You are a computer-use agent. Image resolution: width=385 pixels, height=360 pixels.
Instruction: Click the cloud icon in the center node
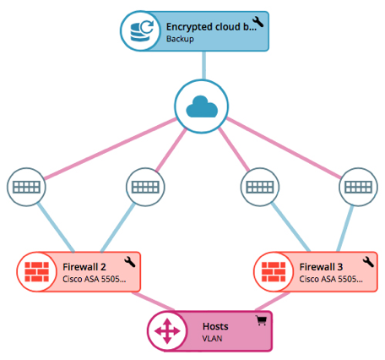[202, 106]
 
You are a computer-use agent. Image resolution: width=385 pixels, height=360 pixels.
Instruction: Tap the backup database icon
[142, 30]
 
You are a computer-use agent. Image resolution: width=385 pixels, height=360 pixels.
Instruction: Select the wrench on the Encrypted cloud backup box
[258, 22]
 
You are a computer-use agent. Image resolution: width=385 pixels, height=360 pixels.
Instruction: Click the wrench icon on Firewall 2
[130, 262]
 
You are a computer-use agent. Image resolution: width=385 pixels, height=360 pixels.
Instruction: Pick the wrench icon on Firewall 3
[368, 262]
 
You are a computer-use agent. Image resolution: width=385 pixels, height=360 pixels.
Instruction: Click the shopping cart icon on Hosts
[261, 321]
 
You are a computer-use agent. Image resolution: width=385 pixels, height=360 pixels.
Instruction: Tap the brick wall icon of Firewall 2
[36, 272]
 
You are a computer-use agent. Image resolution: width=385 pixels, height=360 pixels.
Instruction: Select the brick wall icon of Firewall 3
[274, 272]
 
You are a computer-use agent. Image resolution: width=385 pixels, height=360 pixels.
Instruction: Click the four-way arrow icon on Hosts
[167, 331]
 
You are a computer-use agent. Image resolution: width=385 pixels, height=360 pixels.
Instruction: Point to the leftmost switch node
[26, 187]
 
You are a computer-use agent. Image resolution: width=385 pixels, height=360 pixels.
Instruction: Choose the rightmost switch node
[358, 187]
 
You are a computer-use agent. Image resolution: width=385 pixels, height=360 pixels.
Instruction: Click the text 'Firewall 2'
[84, 267]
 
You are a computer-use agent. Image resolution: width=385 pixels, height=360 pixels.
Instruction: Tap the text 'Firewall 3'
[321, 267]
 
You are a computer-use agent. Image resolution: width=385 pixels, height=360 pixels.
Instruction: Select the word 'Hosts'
[215, 326]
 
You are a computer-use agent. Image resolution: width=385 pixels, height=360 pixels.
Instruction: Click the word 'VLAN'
[212, 338]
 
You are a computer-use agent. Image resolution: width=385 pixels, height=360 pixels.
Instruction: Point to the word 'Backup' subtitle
[180, 39]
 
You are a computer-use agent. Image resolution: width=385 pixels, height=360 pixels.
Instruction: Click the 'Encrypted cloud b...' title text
[211, 27]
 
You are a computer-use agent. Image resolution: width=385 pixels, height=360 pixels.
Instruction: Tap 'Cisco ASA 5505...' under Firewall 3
[331, 279]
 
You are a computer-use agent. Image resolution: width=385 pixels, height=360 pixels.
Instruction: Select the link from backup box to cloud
[203, 65]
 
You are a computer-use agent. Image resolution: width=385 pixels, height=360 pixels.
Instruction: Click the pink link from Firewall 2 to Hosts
[154, 301]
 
